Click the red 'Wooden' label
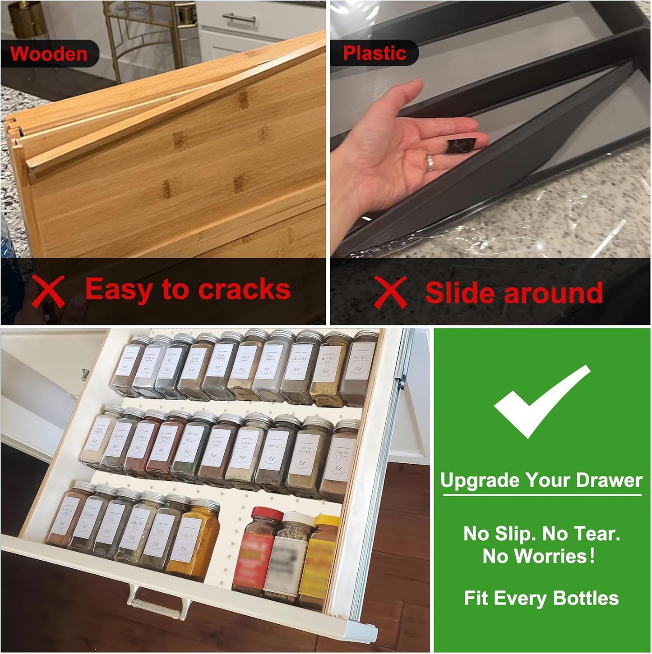tap(49, 54)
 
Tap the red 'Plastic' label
tap(375, 53)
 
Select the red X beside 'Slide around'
tap(391, 293)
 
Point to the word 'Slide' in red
tap(461, 293)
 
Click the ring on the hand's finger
tap(430, 163)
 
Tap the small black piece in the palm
tap(462, 147)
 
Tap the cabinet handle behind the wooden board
tap(239, 18)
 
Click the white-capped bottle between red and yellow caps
tap(289, 557)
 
